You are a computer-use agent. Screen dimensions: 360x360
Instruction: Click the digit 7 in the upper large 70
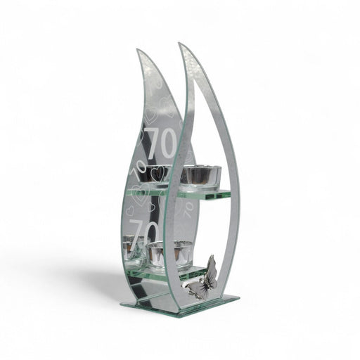coord(154,143)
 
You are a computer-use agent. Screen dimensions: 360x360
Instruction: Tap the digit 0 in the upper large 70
coord(169,143)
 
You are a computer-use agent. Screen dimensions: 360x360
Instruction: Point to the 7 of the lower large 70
coord(136,234)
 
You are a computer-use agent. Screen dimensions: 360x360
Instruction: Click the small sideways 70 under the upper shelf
coord(189,209)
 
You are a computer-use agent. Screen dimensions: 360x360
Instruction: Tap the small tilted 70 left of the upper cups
coord(138,169)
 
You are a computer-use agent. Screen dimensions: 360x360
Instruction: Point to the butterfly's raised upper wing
coord(211,266)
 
